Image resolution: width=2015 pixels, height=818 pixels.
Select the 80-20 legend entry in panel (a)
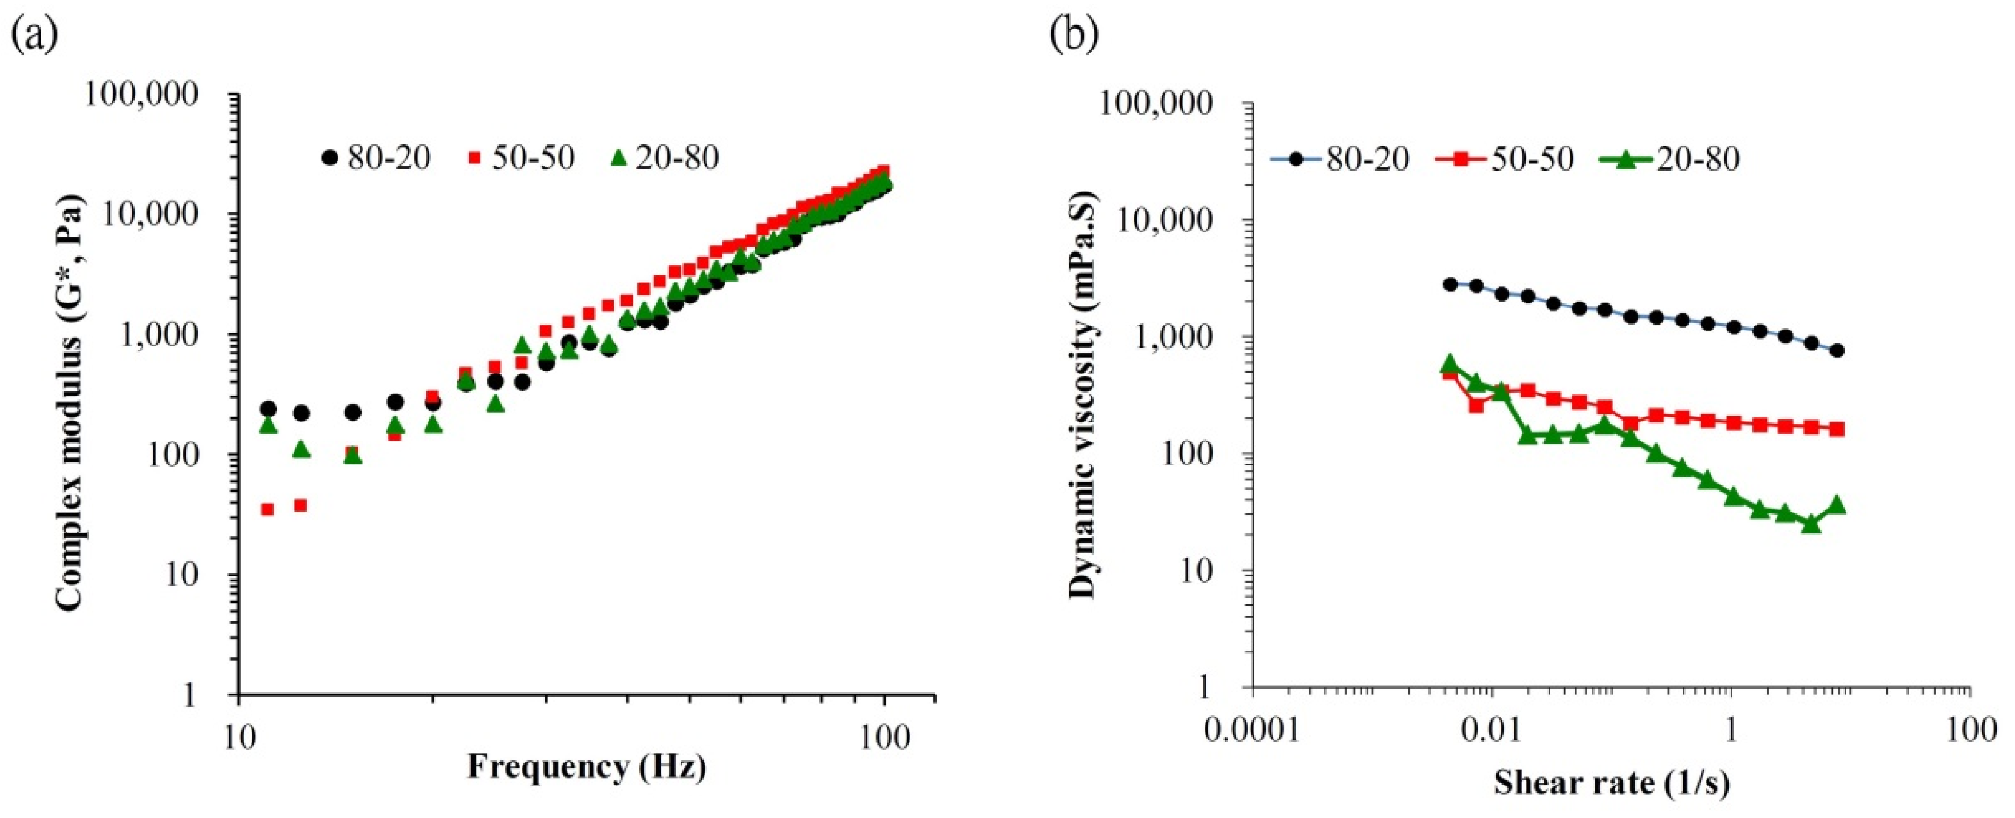[x=375, y=158]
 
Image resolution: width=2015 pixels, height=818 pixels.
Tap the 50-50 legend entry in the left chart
[x=522, y=158]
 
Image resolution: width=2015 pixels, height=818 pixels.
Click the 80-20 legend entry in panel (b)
[x=1339, y=160]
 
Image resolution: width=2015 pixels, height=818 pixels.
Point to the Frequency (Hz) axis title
[x=587, y=766]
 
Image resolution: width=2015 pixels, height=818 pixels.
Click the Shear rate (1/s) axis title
[x=1612, y=782]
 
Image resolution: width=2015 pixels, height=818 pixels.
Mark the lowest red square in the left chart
[x=267, y=509]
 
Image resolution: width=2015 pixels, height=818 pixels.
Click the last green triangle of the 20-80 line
[x=1837, y=505]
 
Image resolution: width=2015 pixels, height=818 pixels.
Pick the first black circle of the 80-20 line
[x=1450, y=284]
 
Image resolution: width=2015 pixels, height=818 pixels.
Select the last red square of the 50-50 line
[x=1837, y=429]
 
